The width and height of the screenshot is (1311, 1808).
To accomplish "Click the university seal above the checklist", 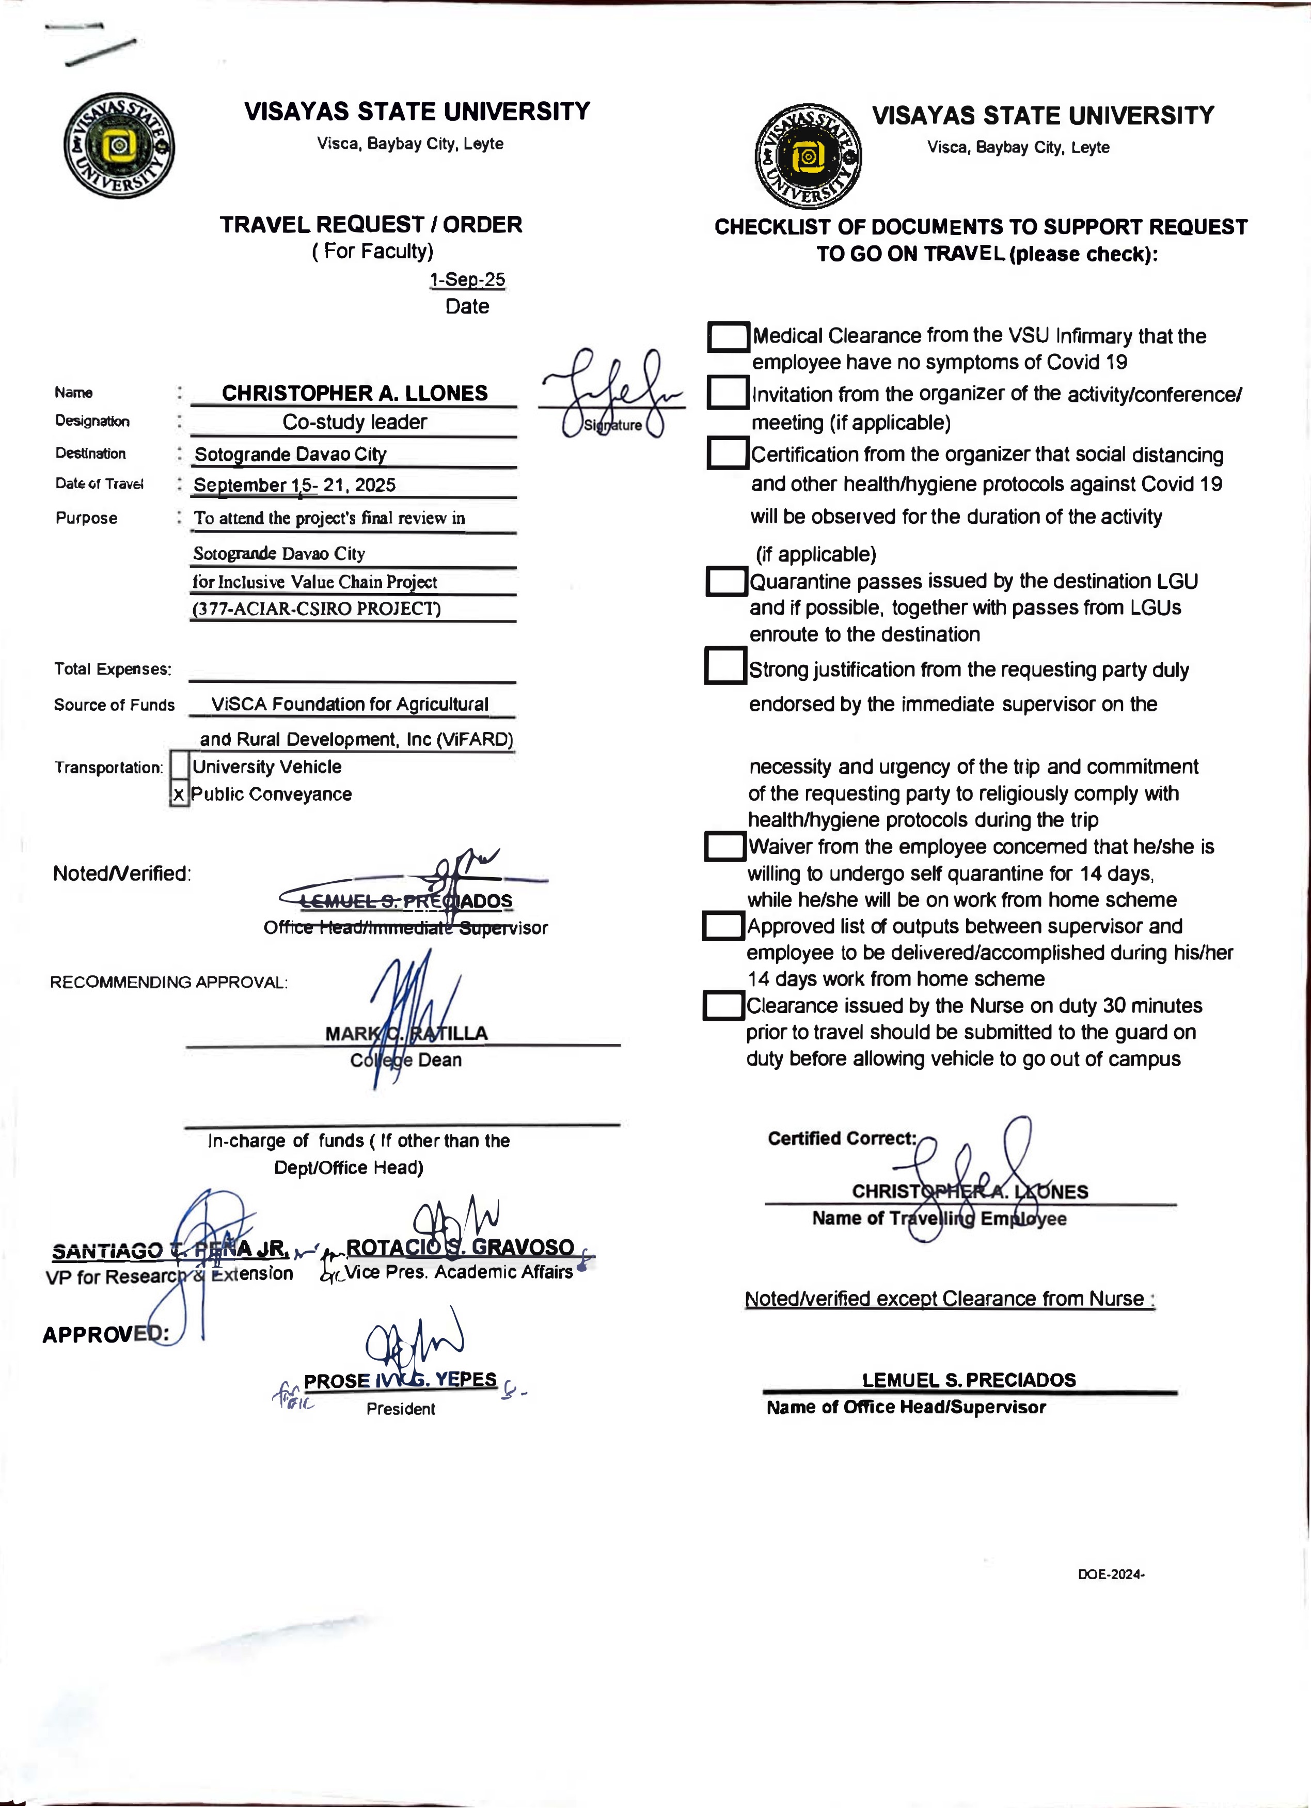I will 808,155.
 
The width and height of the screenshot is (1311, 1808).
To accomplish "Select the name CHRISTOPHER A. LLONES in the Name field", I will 355,393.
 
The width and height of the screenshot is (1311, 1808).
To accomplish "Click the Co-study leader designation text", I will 355,423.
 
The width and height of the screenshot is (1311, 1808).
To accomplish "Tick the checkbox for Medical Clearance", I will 729,336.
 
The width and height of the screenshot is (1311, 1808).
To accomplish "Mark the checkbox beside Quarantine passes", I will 726,581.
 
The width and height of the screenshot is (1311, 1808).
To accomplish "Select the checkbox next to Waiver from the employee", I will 724,847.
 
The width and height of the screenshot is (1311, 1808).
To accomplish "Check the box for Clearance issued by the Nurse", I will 723,1005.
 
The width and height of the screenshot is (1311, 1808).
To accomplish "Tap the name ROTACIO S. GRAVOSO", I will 460,1247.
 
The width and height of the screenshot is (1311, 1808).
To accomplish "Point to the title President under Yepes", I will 401,1409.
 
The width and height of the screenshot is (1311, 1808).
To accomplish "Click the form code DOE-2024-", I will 1111,1575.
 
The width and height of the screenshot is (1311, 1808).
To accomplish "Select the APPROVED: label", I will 105,1334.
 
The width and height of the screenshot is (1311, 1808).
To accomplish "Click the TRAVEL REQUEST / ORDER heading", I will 371,225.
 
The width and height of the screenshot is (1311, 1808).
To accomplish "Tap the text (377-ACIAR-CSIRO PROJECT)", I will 317,609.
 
